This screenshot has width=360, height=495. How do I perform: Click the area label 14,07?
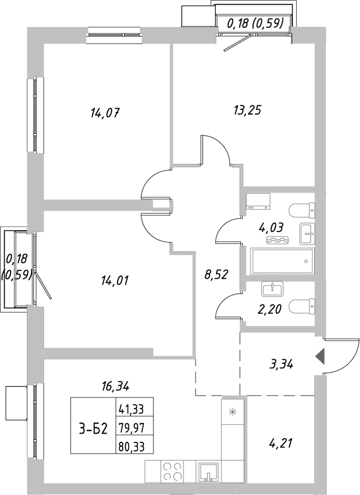click(x=104, y=112)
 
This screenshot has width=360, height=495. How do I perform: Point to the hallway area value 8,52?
click(x=215, y=275)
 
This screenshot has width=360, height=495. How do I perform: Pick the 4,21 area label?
click(x=280, y=445)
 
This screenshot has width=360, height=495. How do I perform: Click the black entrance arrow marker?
click(x=320, y=357)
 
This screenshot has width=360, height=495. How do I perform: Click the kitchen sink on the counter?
click(x=208, y=471)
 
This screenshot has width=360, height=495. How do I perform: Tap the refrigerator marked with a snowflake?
click(x=233, y=411)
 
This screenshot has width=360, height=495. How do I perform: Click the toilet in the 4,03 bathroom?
click(x=302, y=209)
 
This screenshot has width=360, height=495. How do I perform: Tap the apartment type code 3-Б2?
click(x=93, y=429)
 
